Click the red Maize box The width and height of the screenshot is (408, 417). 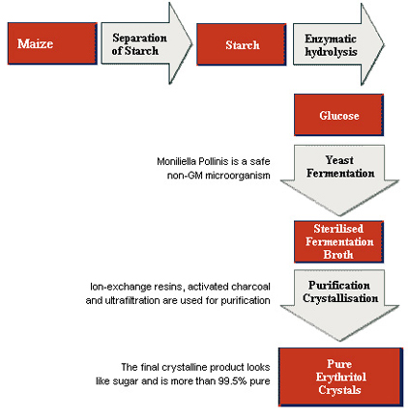[52, 43]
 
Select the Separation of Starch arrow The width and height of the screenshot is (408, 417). [147, 43]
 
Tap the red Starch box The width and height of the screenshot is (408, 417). [242, 44]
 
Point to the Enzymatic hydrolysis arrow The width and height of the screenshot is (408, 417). [338, 44]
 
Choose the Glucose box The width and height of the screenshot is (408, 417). [338, 115]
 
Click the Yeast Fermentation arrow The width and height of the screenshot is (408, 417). [339, 181]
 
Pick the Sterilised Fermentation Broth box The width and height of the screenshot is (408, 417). [338, 241]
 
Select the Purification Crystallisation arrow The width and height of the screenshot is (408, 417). [339, 305]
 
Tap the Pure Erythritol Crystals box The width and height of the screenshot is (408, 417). [341, 376]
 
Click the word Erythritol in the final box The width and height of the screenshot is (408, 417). [341, 377]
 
